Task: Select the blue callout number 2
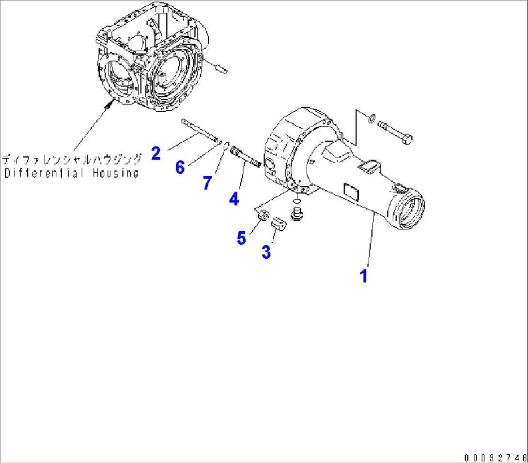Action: (x=155, y=153)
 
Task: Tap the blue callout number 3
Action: (x=266, y=252)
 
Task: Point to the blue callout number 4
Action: (x=234, y=198)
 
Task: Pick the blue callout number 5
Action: (x=241, y=238)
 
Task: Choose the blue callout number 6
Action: (x=180, y=167)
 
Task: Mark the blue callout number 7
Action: (x=208, y=183)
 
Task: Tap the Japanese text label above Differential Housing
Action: (x=72, y=159)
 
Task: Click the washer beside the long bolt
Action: (x=371, y=118)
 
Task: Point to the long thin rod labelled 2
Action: (x=199, y=130)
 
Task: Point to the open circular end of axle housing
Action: (x=410, y=212)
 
